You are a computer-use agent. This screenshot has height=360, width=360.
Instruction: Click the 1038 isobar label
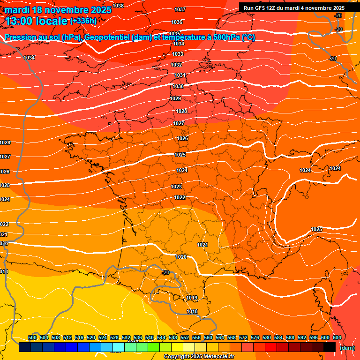118,6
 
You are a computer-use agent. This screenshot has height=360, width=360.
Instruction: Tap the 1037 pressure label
180,9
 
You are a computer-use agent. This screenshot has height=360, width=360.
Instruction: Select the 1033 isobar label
178,54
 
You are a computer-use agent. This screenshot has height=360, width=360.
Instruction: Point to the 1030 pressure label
178,86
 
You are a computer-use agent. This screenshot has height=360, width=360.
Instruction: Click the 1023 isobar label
176,187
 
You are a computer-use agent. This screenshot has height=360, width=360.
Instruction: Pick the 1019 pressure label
192,298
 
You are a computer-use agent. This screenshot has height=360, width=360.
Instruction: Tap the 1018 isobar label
192,311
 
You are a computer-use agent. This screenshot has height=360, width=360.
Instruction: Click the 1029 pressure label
176,98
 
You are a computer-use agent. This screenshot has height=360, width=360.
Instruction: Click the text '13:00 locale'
37,21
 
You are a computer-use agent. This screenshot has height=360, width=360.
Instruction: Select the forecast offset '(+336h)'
83,21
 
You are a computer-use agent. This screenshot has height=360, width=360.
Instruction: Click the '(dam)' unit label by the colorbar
347,348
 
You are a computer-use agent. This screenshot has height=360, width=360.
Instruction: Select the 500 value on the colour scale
32,337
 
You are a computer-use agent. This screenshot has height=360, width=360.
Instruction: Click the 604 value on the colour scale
337,337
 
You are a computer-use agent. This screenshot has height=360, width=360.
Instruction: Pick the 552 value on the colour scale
185,337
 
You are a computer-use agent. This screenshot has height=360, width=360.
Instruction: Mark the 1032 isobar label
176,65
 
